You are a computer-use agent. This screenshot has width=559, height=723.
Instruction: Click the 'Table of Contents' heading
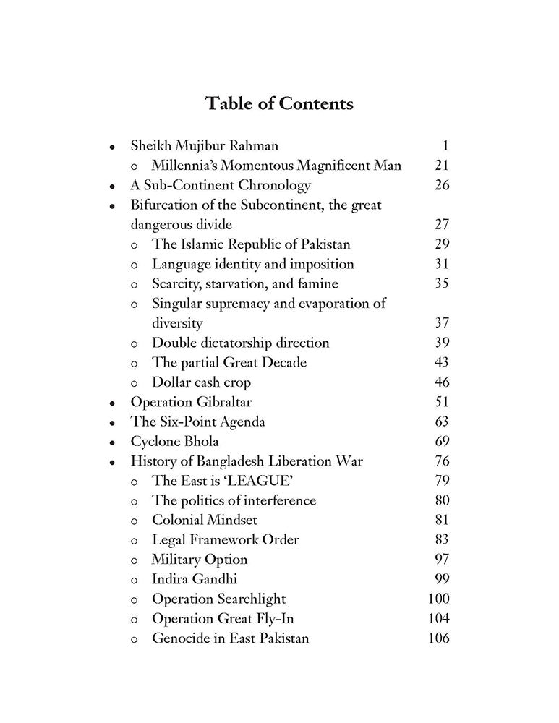[279, 103]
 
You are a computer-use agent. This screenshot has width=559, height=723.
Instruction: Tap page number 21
[442, 165]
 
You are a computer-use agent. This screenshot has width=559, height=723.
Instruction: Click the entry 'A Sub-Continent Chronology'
[221, 185]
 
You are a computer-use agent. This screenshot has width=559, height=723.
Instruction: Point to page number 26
[442, 185]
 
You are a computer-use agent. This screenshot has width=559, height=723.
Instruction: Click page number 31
[442, 264]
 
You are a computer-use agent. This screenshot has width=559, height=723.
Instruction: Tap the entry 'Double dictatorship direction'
[240, 343]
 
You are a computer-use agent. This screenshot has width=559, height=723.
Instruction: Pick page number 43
[442, 362]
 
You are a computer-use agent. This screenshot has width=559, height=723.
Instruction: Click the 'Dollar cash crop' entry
[201, 382]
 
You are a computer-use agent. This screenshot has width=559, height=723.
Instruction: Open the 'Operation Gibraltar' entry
[191, 402]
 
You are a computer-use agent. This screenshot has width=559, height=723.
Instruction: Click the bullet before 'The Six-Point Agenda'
[111, 423]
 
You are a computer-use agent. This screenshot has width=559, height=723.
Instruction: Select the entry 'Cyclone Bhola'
[174, 441]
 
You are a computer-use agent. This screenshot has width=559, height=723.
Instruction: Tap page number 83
[442, 539]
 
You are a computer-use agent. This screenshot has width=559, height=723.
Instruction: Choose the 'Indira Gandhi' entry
[195, 579]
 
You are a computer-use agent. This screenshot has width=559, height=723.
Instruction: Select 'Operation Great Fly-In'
[223, 618]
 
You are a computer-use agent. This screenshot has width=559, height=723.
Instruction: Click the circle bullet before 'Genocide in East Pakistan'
[135, 639]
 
